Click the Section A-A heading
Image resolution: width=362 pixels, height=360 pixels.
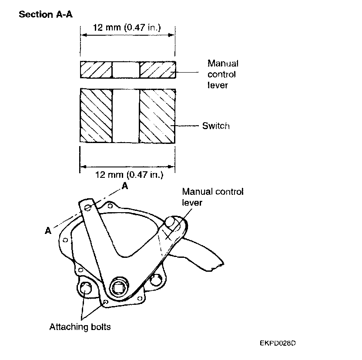pos(46,14)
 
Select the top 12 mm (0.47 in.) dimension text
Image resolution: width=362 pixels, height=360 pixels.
pos(127,27)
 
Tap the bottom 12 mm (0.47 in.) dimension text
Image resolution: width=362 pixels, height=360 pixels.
pos(129,174)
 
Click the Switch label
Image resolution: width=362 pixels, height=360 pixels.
pos(216,126)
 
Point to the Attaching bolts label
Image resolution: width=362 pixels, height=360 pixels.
pos(80,327)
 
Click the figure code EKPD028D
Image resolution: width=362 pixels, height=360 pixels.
pos(278,343)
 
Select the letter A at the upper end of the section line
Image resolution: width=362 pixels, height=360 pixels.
pos(125,186)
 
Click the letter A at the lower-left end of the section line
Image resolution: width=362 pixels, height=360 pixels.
pos(48,230)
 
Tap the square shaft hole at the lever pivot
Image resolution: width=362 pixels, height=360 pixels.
pos(119,288)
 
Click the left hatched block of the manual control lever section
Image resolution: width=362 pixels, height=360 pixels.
pos(96,70)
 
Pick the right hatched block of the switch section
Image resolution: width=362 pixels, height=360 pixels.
pos(157,116)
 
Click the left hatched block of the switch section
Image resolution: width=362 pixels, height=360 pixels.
pos(96,115)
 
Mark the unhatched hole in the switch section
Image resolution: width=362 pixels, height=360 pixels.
pos(126,116)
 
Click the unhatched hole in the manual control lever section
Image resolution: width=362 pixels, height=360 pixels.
pos(126,70)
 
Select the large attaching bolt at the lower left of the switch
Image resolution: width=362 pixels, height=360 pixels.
pos(85,288)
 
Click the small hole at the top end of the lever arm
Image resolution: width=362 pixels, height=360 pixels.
pos(88,208)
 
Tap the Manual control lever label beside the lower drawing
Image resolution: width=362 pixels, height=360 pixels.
pos(213,197)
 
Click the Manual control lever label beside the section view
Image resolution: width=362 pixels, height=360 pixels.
pos(223,74)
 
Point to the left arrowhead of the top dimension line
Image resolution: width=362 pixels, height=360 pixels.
pos(84,35)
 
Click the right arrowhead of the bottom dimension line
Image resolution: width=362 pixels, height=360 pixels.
pos(171,167)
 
